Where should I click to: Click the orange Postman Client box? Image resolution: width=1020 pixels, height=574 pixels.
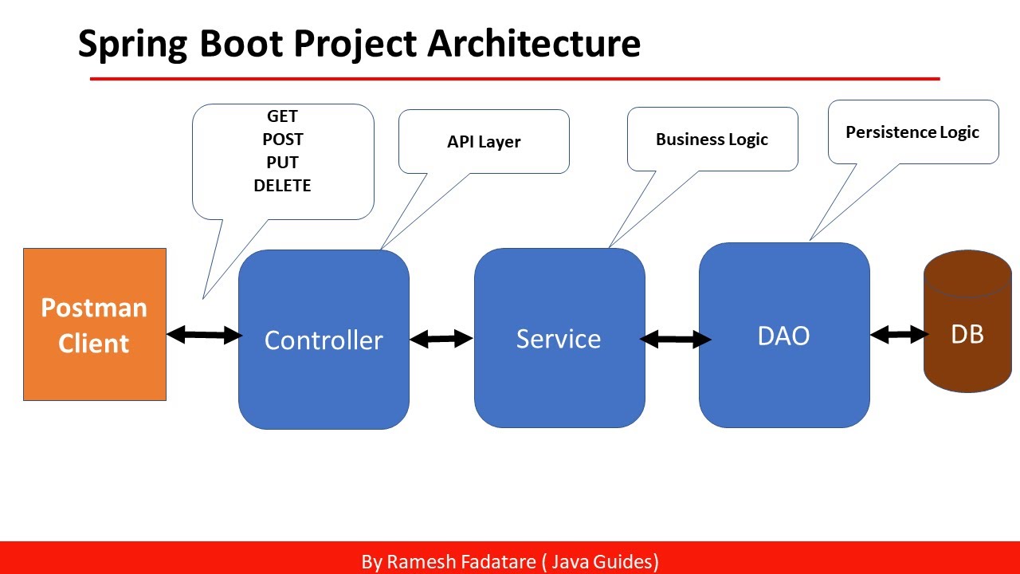[94, 324]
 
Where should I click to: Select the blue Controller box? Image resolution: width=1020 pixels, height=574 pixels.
[324, 340]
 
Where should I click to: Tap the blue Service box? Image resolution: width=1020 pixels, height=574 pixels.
[559, 338]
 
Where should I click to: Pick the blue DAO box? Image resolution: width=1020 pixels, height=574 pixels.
[783, 336]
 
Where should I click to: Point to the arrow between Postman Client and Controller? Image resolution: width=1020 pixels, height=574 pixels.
[204, 335]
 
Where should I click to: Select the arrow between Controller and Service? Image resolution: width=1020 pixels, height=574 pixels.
[441, 339]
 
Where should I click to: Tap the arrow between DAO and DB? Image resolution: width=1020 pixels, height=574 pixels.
[900, 335]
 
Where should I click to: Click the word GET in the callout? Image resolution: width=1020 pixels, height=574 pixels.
[282, 116]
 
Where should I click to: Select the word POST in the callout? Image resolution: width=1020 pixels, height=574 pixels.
[282, 140]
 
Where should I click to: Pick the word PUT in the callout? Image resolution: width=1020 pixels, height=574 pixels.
[282, 163]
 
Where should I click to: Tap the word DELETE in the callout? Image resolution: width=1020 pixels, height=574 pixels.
[282, 186]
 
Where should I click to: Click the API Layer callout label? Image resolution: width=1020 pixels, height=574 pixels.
[484, 142]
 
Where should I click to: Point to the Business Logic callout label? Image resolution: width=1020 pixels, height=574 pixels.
[712, 140]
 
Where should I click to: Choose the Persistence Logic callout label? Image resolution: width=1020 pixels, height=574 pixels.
[912, 132]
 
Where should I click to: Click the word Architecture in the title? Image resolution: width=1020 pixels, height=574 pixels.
[534, 44]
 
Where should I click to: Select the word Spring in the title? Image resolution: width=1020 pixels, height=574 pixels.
[132, 44]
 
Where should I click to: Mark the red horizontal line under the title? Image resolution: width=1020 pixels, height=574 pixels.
[515, 79]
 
